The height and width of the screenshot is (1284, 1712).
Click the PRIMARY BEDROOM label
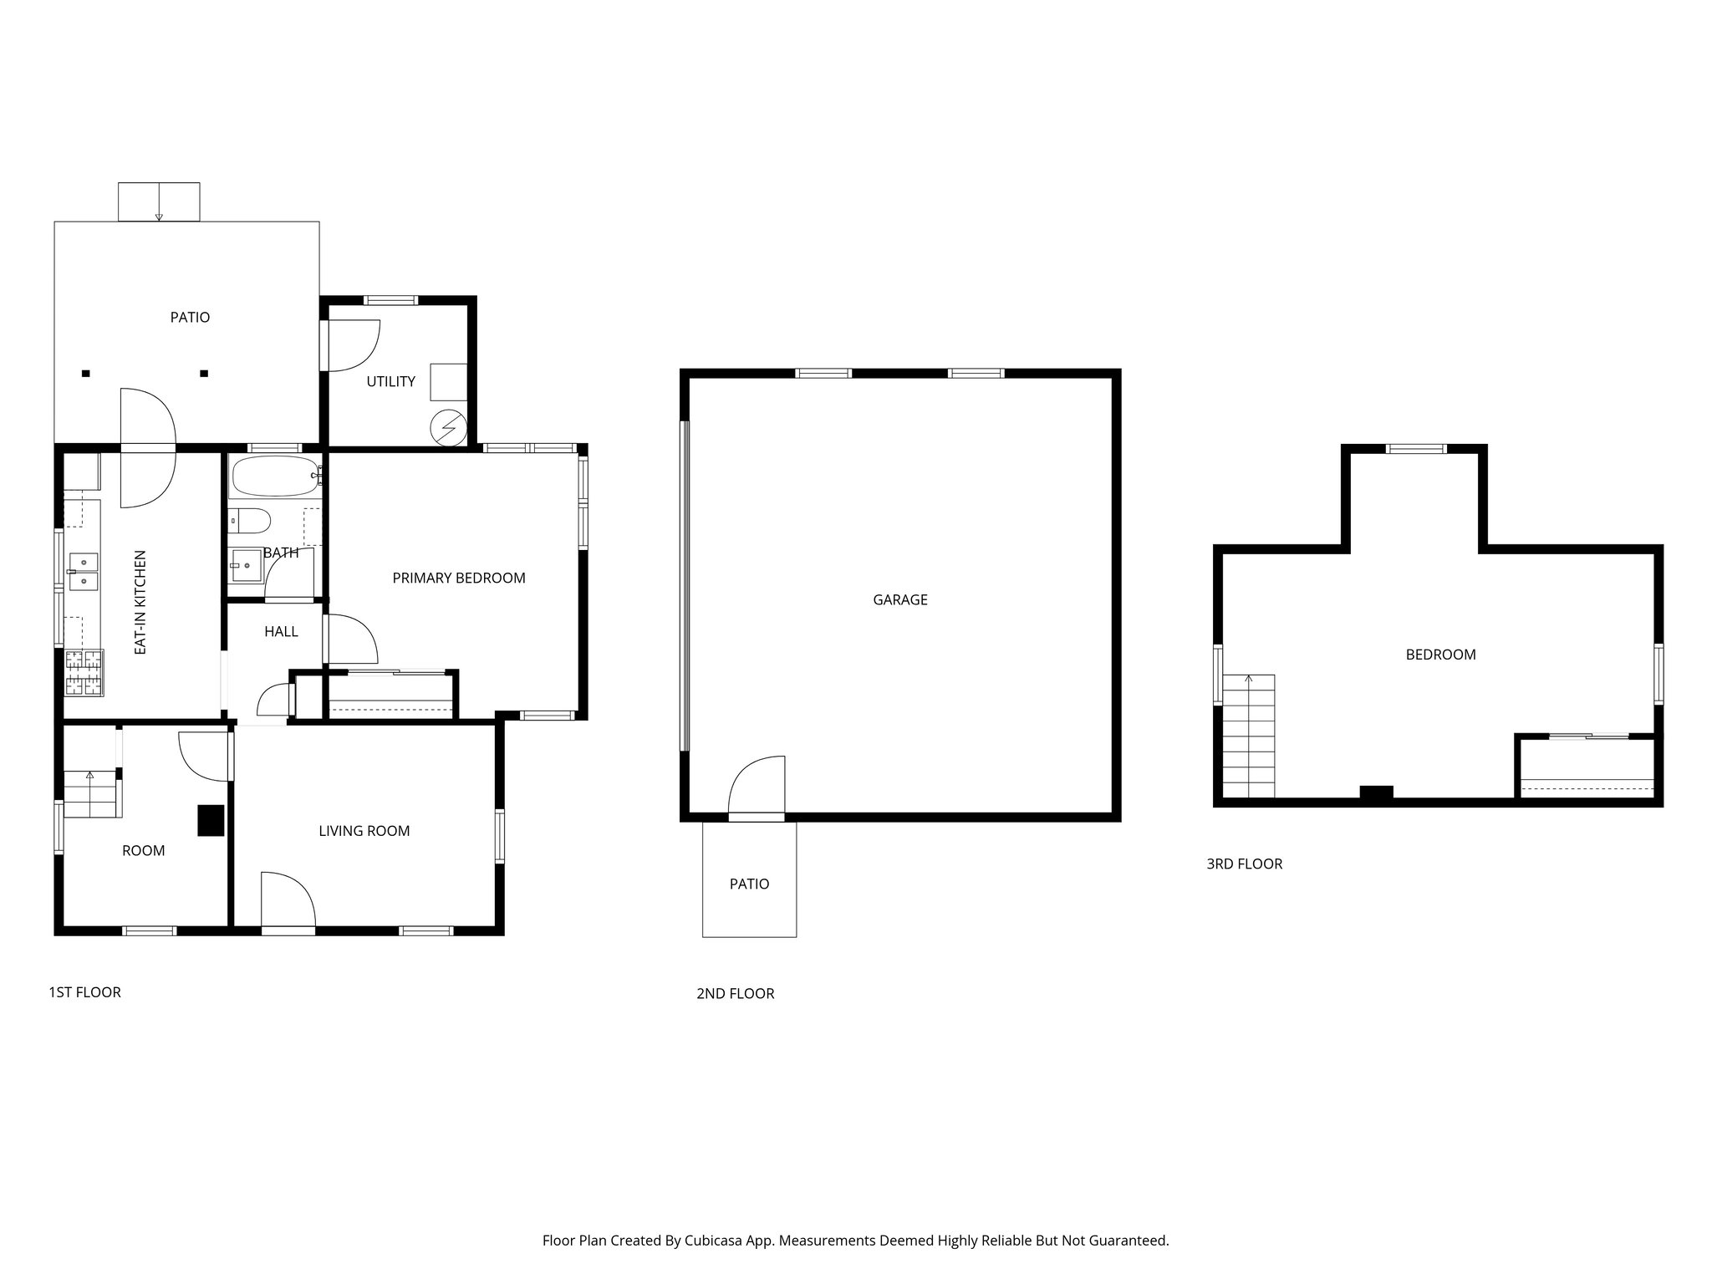click(x=459, y=578)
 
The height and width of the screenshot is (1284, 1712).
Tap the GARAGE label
click(x=899, y=599)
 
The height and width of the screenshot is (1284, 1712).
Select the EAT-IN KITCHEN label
click(x=140, y=602)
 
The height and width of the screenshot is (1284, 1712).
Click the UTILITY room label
click(x=390, y=381)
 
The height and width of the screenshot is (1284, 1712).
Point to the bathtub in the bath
click(x=274, y=476)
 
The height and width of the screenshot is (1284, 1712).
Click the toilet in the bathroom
click(x=250, y=521)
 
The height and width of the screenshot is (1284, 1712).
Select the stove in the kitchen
click(x=84, y=673)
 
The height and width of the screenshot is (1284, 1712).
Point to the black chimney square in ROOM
click(x=211, y=820)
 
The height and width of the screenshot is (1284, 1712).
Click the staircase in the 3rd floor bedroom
click(x=1249, y=736)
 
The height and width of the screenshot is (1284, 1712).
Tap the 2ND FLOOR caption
click(x=735, y=993)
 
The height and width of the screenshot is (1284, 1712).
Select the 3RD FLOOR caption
click(x=1244, y=864)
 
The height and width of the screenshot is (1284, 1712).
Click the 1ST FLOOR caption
click(x=84, y=992)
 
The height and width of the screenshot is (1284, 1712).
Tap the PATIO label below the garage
click(x=749, y=884)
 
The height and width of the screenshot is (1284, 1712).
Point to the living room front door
click(x=287, y=901)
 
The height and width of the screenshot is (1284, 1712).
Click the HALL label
click(x=281, y=631)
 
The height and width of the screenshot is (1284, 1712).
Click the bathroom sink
click(x=247, y=567)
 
